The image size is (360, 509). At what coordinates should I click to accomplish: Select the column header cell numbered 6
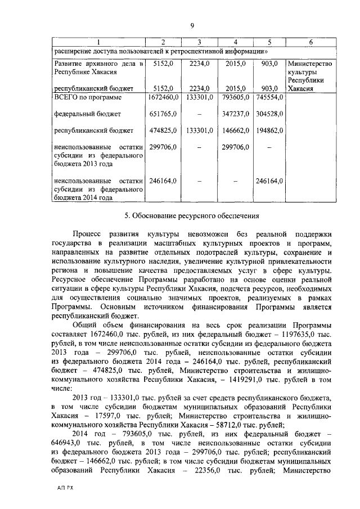coord(310,43)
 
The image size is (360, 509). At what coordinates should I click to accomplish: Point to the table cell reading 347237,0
coord(232,114)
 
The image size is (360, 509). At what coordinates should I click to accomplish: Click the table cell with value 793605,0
coord(232,97)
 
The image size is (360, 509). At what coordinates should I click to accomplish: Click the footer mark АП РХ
coord(65,488)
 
